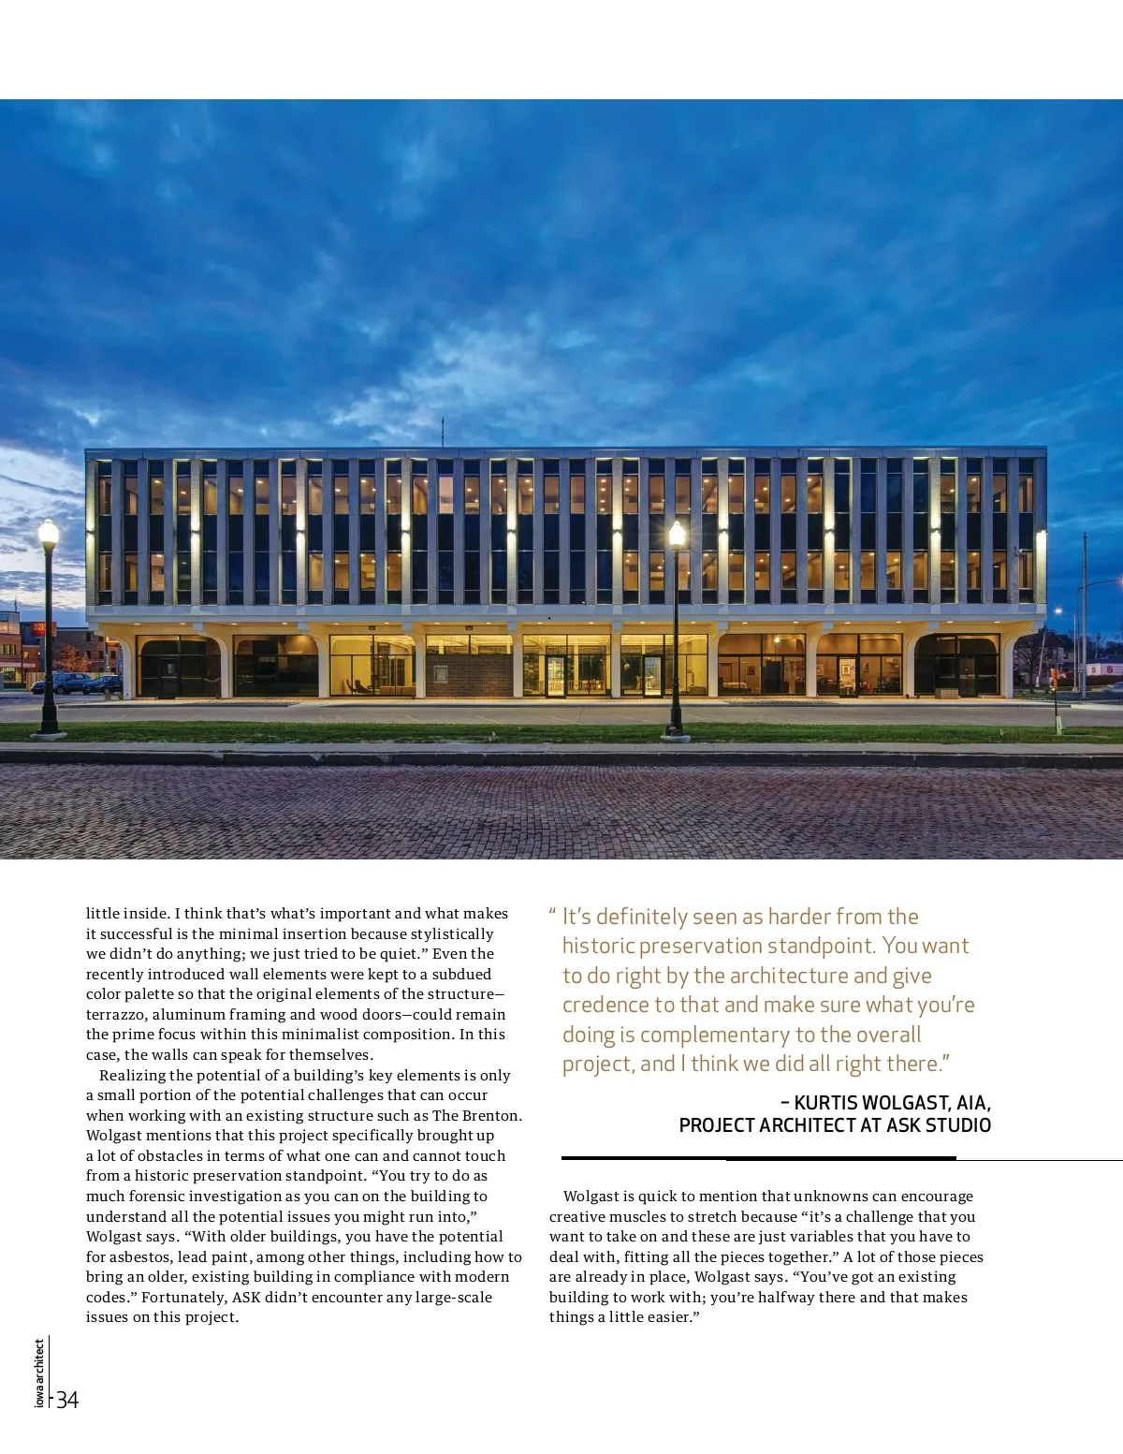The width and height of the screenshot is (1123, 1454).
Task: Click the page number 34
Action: point(67,1400)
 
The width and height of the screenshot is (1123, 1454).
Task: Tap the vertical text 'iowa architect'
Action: point(39,1373)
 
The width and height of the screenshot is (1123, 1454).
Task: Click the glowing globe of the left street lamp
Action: point(49,534)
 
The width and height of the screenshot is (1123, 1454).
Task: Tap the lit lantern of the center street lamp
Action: point(677,536)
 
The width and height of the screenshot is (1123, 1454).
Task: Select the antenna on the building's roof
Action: point(443,433)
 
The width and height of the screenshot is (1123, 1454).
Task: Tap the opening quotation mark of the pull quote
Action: point(553,914)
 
